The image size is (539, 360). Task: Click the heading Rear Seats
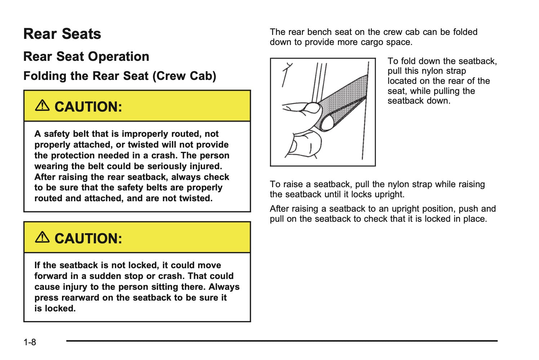click(62, 34)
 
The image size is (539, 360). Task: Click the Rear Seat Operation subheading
click(86, 57)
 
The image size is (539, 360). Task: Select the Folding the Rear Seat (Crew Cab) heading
click(120, 76)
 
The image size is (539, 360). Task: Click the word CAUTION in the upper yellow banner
click(88, 107)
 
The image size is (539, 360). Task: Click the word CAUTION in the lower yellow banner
click(88, 238)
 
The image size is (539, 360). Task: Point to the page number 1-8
click(30, 342)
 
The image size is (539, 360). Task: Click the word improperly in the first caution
click(142, 134)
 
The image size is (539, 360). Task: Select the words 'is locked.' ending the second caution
click(55, 309)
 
